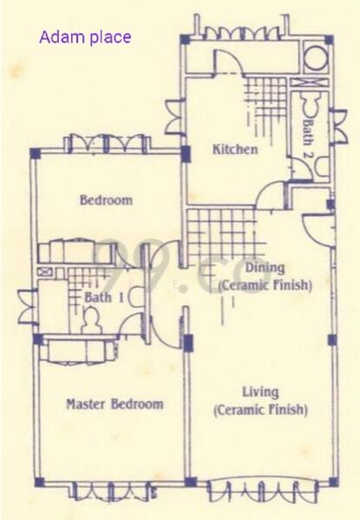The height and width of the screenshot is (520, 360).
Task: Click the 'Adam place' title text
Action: tap(85, 37)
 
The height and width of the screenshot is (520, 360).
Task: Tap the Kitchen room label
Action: tap(235, 149)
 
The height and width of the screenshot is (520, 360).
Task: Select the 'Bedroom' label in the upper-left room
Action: tap(106, 200)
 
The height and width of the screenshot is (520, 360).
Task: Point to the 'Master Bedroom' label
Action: tap(115, 404)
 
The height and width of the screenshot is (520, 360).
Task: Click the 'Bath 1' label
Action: tap(104, 297)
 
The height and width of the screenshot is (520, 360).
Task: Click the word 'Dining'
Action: tap(265, 268)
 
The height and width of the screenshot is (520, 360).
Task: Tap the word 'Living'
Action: tap(260, 393)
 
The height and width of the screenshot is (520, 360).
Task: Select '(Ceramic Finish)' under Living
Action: tap(261, 409)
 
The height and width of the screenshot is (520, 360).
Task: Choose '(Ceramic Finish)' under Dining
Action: tap(265, 283)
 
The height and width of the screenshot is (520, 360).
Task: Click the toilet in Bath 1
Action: tap(89, 320)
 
